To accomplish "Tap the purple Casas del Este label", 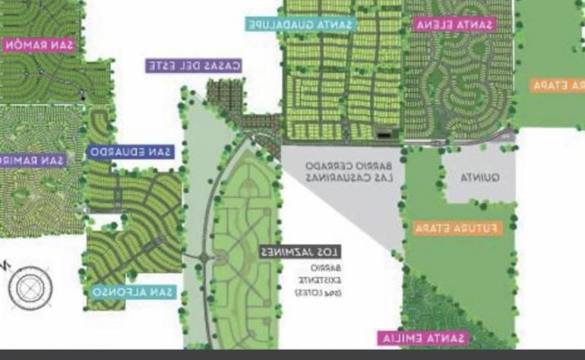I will click(194, 66).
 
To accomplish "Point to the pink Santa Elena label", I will click(453, 24).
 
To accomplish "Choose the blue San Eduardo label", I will click(131, 152).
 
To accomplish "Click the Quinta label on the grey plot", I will click(480, 178).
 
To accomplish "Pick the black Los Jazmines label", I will click(300, 252).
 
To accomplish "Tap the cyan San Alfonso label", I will click(134, 292).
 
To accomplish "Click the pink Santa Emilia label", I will click(423, 338).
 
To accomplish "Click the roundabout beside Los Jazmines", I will click(204, 257).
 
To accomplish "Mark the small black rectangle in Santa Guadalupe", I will click(385, 132).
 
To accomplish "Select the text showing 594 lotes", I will click(319, 293).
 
